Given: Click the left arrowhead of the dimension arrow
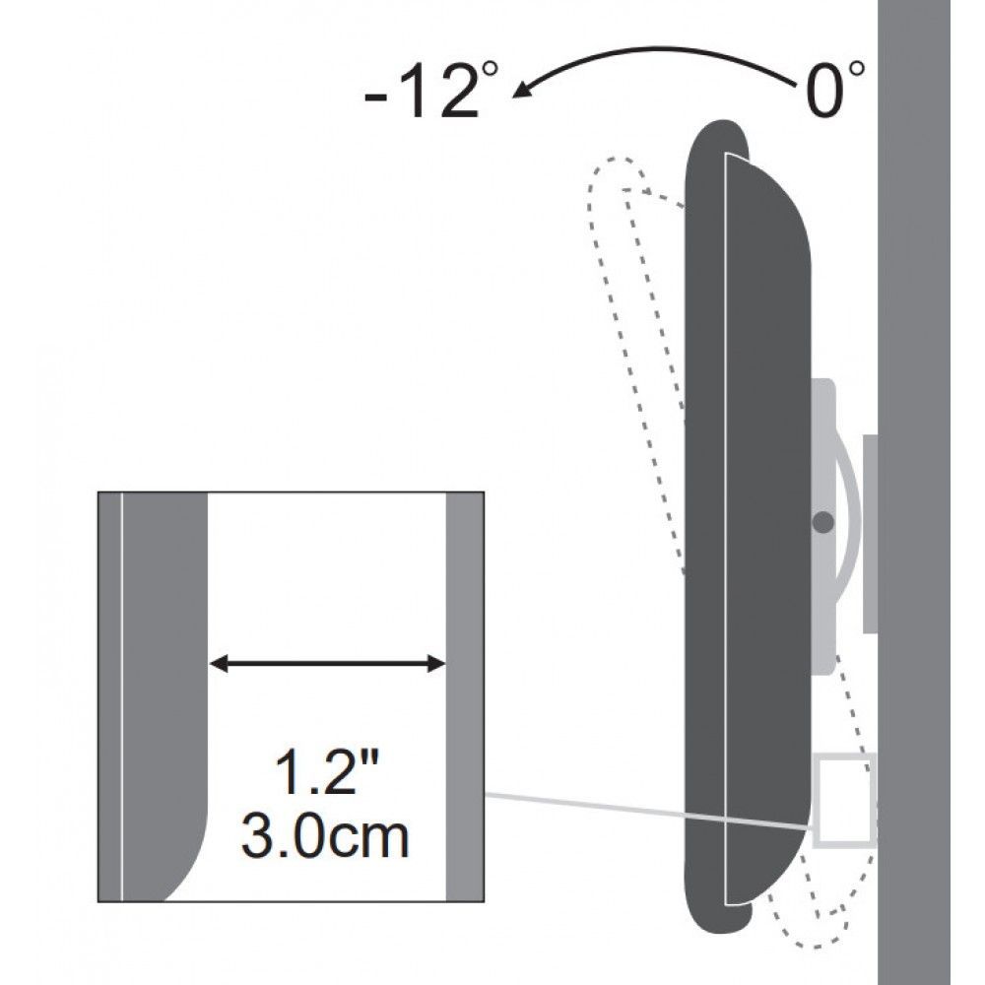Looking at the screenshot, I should click(x=219, y=665).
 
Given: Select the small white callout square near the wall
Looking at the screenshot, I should click(x=845, y=799).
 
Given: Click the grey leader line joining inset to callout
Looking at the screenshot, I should click(x=650, y=810).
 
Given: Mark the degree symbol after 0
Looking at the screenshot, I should click(x=859, y=69).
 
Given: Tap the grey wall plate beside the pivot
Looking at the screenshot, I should click(x=870, y=532).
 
